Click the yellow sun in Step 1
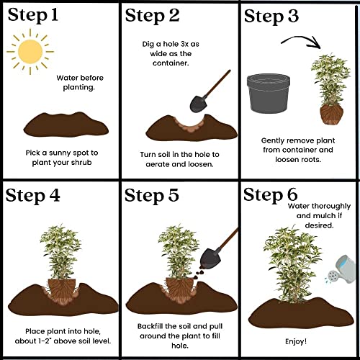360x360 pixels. point(30,52)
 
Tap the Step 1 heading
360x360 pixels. point(33,15)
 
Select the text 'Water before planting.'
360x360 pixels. point(80,83)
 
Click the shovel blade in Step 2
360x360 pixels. point(199,104)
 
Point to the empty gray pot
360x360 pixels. point(269,94)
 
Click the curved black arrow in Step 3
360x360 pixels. point(300,39)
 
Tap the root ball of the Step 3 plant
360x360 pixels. point(331,114)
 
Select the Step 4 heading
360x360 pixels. point(32,196)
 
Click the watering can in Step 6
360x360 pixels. point(341,269)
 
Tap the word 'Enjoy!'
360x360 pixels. point(296,341)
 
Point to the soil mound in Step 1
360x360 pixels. point(66,125)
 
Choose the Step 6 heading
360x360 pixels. point(271,195)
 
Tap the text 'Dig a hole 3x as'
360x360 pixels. point(171,44)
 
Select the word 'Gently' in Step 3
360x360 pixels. point(273,140)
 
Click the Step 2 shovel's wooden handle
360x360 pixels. point(218,83)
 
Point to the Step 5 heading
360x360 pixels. point(152,196)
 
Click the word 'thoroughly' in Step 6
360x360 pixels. point(332,207)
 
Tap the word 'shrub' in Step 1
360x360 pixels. point(81,163)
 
